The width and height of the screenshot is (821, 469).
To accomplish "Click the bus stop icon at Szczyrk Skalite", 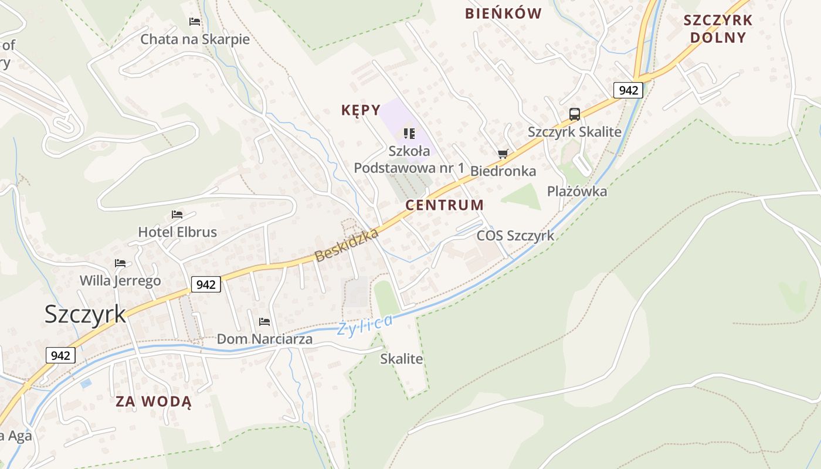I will pos(574,114).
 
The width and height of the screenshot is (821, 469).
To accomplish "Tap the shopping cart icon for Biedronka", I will pos(503,154).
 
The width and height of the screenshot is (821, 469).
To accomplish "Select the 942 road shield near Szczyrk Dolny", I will pos(628,90).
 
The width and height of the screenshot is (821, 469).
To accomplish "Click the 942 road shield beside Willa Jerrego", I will pos(206,284).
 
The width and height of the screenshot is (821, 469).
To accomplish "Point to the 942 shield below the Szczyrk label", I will pos(60,355).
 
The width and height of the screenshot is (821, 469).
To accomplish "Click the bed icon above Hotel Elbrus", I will pos(177,215).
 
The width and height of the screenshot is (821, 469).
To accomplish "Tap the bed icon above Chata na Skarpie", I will pos(195,22).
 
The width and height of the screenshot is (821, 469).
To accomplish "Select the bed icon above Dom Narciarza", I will pos(264,322).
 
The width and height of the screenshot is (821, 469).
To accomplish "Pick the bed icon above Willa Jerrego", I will pos(120,263).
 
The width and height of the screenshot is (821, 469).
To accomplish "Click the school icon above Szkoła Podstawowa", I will pos(409,134).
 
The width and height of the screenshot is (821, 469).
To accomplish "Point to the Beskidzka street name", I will pos(347,245).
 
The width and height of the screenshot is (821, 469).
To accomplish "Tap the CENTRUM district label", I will pos(445,205).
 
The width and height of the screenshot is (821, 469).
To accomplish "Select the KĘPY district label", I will pos(361,110).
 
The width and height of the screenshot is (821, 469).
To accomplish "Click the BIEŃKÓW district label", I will pos(503,13).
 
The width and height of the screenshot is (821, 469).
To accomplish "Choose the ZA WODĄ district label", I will pos(153,402).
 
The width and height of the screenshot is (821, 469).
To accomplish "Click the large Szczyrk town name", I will pos(85,314).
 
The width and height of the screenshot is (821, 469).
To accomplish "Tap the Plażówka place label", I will pos(577,192).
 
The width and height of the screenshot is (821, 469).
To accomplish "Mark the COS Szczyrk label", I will pos(515,236).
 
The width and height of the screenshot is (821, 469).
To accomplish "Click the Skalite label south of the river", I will pos(402,359).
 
